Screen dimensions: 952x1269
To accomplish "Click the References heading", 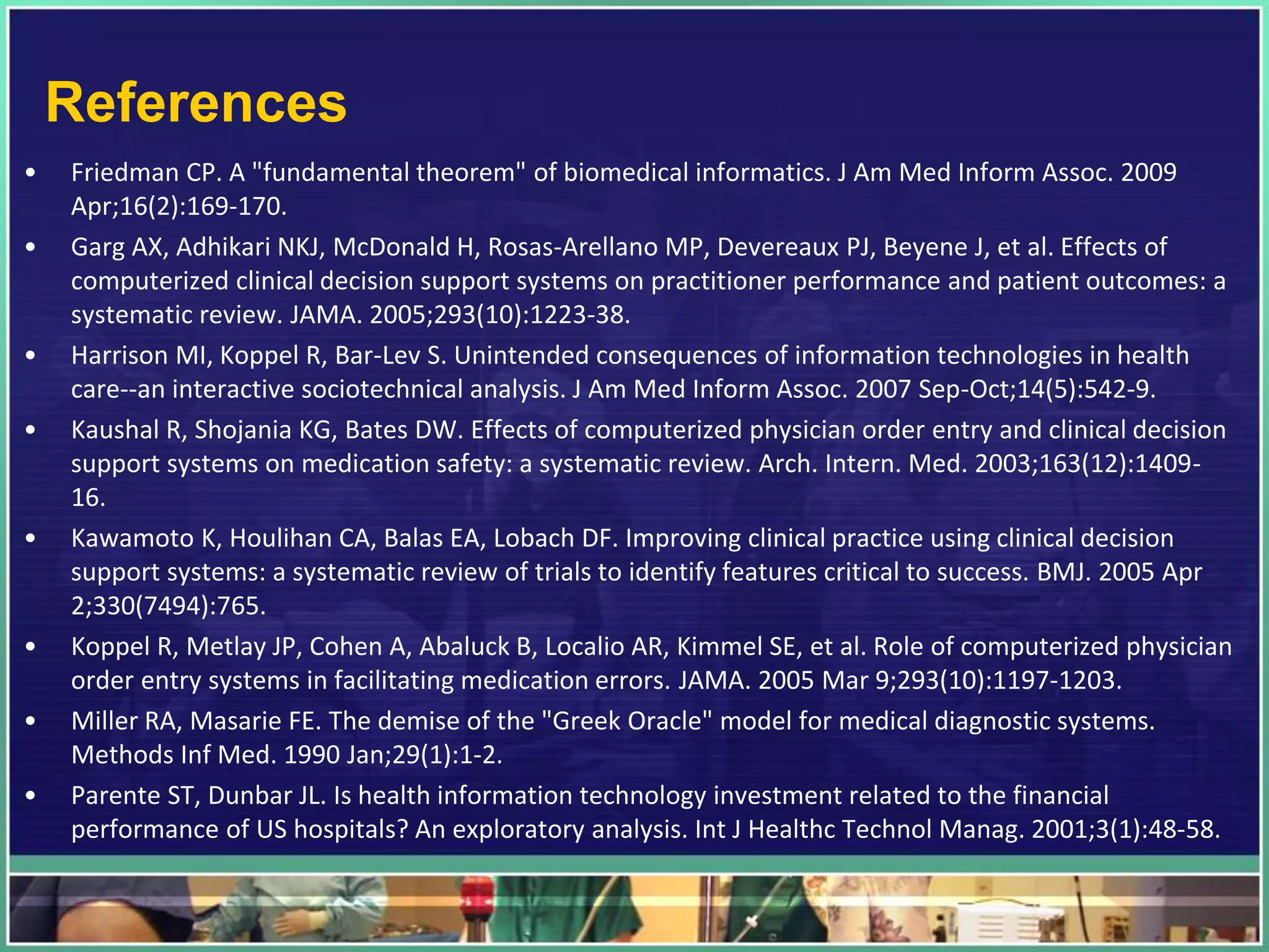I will [x=196, y=103].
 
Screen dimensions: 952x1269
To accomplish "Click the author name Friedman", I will [x=125, y=172].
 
